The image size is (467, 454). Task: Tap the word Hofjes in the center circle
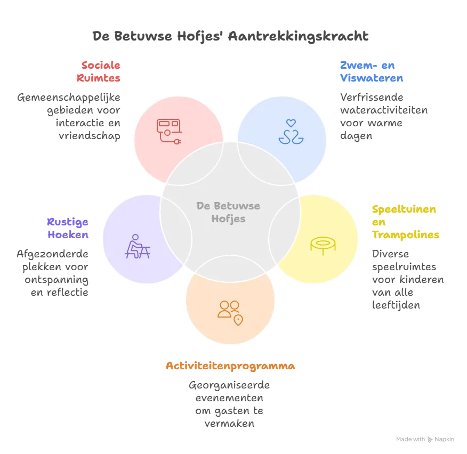pos(228,218)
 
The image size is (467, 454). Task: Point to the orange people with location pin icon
pos(230,312)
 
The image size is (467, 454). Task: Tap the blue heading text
pos(372,71)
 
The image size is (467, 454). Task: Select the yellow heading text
pos(405,221)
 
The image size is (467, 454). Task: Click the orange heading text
pos(230,367)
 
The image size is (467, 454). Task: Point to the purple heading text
pos(68,228)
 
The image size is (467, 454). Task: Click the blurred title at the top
pos(230,36)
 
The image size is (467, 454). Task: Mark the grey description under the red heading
pos(70,117)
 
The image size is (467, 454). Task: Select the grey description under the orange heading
pos(230,405)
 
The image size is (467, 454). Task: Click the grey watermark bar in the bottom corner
pos(426,439)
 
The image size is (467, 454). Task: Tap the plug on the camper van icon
pos(179,141)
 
